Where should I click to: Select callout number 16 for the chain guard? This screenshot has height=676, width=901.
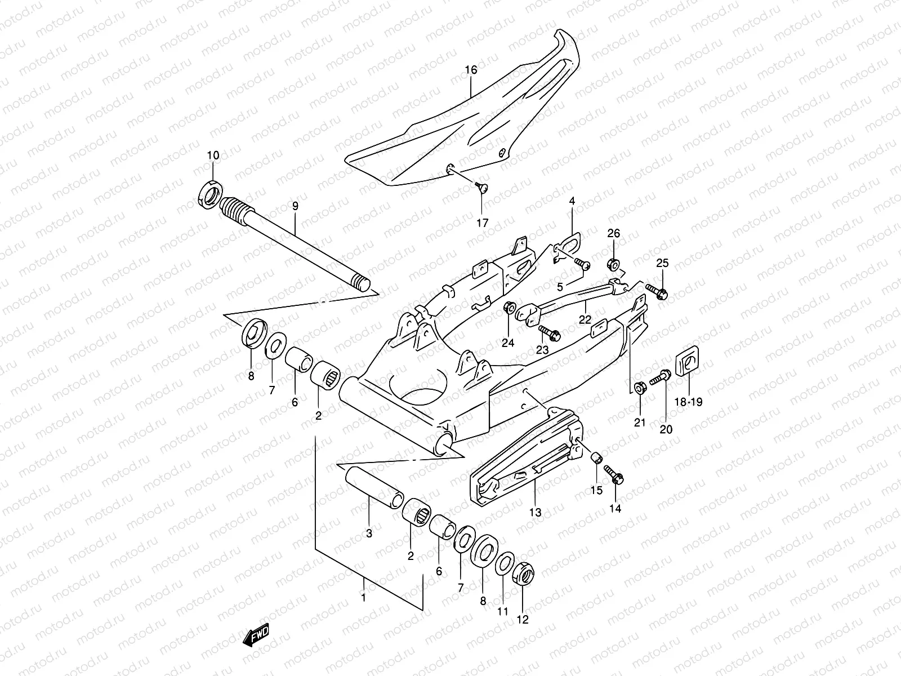pyautogui.click(x=471, y=70)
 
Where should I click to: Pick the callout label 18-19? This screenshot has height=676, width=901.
pyautogui.click(x=689, y=402)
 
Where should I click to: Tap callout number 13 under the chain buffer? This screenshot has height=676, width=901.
pyautogui.click(x=535, y=512)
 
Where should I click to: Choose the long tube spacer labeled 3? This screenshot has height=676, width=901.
pyautogui.click(x=372, y=484)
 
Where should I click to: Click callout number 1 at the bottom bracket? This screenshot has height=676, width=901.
pyautogui.click(x=364, y=597)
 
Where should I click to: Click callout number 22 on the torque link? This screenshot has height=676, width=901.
pyautogui.click(x=585, y=319)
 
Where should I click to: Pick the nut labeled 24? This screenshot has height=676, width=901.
pyautogui.click(x=509, y=308)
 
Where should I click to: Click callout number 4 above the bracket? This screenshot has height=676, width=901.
pyautogui.click(x=572, y=201)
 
